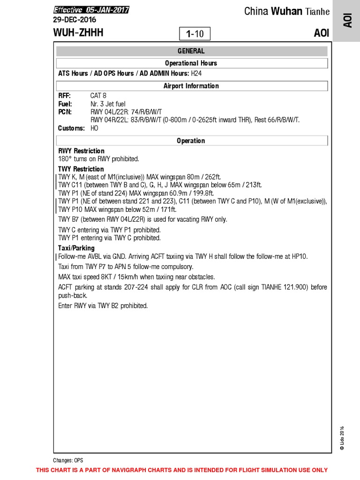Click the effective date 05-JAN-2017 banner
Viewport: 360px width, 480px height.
point(91,10)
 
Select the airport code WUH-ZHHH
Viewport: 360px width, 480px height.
point(79,33)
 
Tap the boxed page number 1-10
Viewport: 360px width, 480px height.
point(195,34)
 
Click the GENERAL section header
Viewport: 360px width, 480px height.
point(191,51)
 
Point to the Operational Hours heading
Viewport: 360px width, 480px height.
point(191,63)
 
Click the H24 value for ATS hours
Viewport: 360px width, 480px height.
point(196,74)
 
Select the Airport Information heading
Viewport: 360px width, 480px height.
point(191,86)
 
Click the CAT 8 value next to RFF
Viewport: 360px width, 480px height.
point(98,96)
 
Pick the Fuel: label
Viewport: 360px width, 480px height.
point(66,104)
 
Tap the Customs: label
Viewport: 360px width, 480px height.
point(71,128)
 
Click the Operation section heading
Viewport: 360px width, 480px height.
point(191,141)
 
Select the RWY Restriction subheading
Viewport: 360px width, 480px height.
point(81,151)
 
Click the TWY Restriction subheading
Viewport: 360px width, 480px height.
point(81,169)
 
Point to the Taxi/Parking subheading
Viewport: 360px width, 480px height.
point(76,248)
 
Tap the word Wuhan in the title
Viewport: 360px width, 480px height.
point(286,11)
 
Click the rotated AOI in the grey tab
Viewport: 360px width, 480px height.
point(348,21)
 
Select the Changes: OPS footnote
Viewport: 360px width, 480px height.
point(68,460)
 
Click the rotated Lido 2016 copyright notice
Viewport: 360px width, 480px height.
point(342,438)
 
